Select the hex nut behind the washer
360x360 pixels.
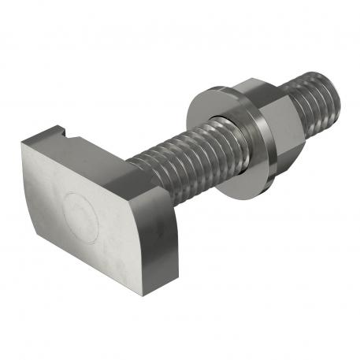[x=268, y=118]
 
